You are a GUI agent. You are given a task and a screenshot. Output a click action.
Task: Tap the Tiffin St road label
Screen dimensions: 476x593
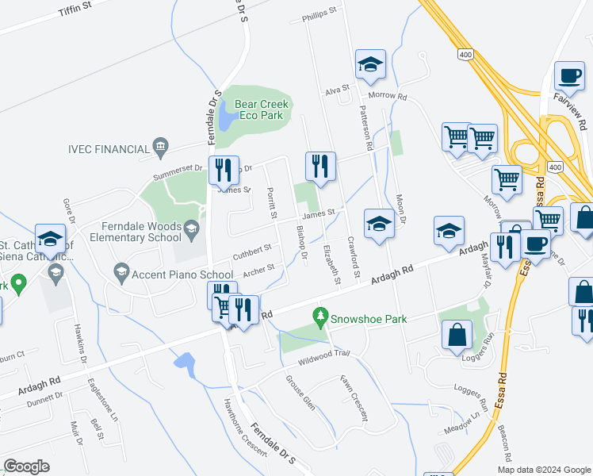(75, 11)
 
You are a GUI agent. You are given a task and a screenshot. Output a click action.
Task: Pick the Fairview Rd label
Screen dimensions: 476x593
(582, 111)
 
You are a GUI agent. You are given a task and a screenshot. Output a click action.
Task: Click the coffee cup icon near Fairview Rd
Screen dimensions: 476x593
(568, 78)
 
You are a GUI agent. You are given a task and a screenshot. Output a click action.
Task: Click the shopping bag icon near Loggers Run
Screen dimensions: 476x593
(457, 335)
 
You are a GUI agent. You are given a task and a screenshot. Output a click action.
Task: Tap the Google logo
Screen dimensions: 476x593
(26, 466)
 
